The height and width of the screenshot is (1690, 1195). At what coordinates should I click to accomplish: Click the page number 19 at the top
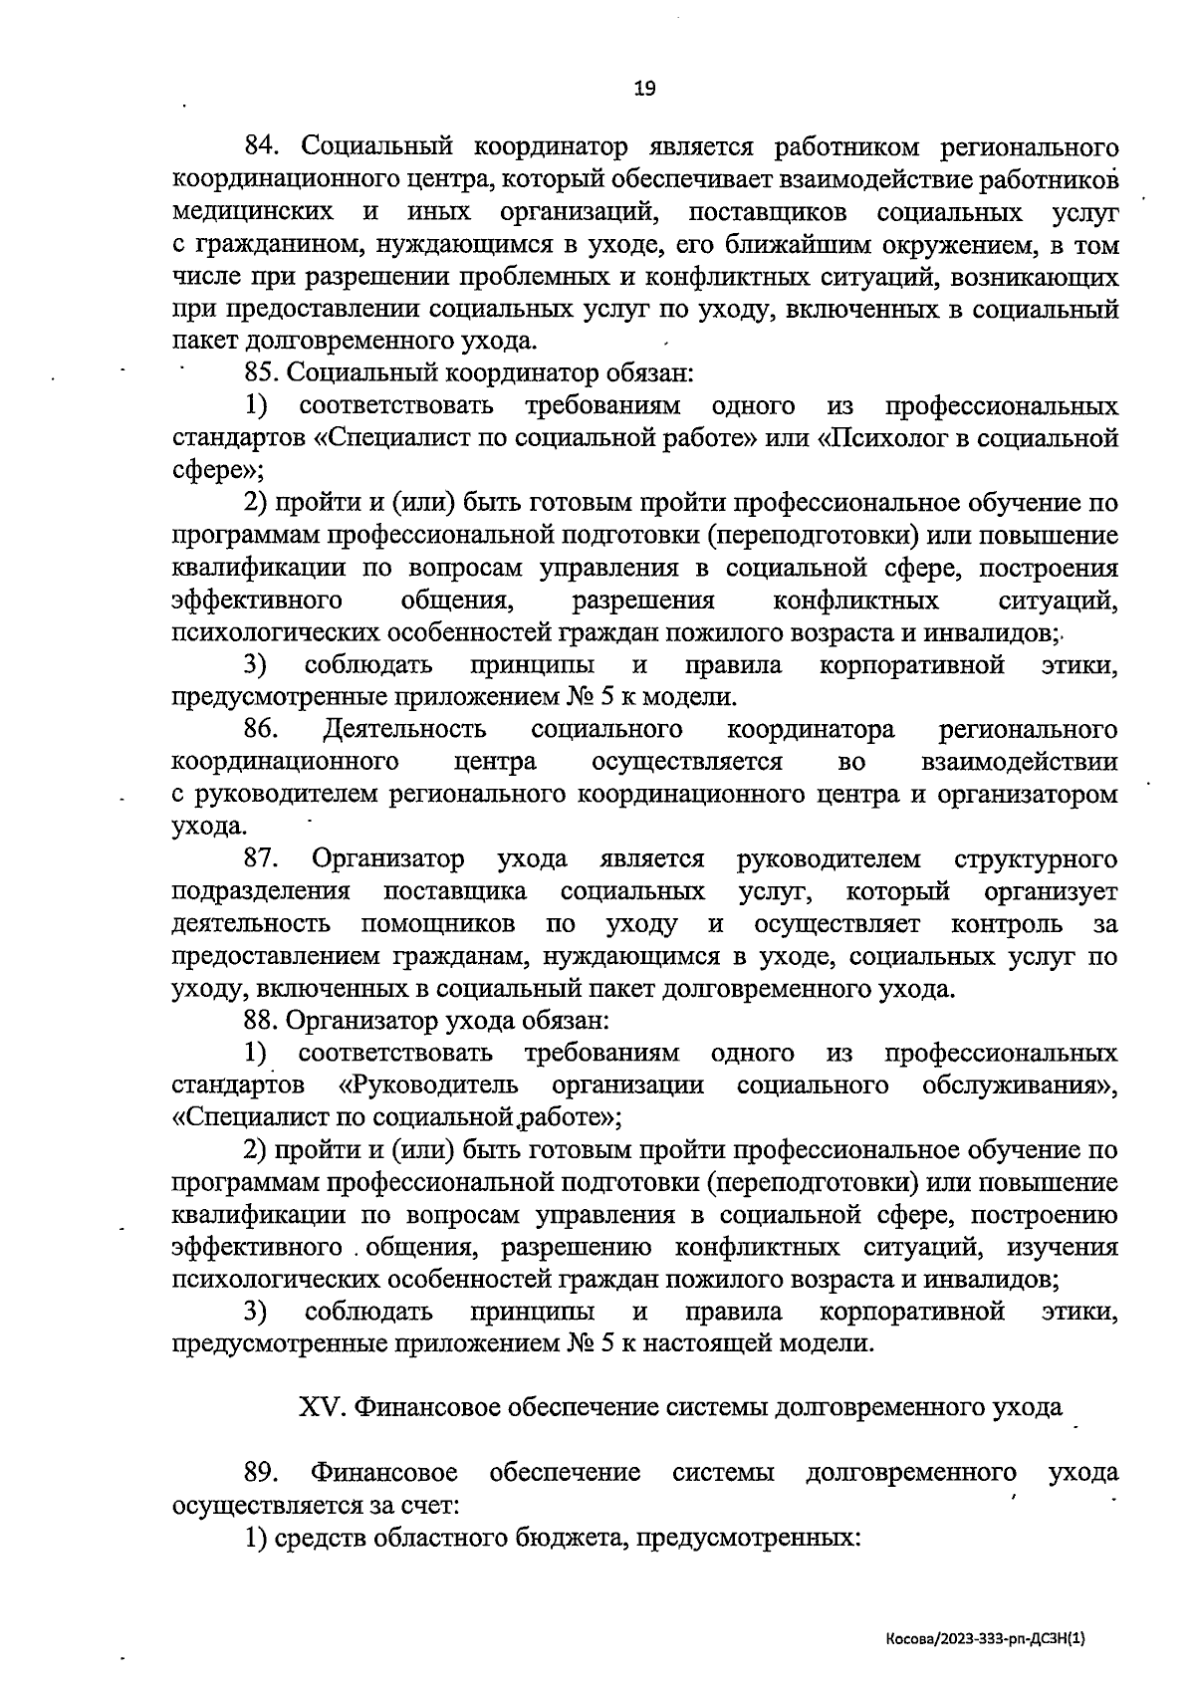pyautogui.click(x=644, y=89)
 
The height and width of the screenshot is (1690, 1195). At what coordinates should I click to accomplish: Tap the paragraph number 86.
pyautogui.click(x=260, y=729)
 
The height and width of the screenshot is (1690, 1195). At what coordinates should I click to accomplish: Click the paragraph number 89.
pyautogui.click(x=260, y=1472)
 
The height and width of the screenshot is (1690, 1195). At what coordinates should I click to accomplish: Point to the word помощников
pyautogui.click(x=438, y=923)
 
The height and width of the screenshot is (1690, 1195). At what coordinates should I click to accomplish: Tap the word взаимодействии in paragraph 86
pyautogui.click(x=1019, y=762)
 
